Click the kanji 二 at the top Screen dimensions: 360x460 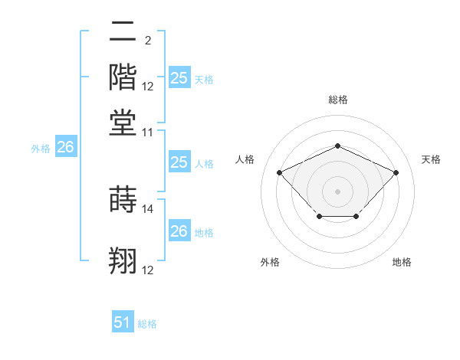coord(123,31)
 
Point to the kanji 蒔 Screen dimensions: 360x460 coord(123,198)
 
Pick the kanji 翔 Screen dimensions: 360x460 coord(123,260)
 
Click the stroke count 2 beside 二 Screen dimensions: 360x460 coord(147,40)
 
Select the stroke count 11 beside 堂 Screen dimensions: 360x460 coord(148,132)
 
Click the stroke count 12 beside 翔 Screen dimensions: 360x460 coord(148,270)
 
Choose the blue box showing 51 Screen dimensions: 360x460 coord(123,322)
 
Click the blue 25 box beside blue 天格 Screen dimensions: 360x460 coord(179,77)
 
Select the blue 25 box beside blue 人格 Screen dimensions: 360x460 coord(179,162)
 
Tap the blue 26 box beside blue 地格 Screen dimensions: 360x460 coord(179,231)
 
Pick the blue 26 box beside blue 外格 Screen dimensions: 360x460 coord(65,148)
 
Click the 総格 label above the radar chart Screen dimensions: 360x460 coord(337,100)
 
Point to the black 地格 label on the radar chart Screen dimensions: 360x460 coord(402,262)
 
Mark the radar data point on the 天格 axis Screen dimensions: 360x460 coord(396,172)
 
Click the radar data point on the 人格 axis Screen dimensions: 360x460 coord(280,172)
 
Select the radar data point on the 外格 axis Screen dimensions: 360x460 coord(319,218)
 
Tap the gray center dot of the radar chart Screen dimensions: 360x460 coord(337,191)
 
